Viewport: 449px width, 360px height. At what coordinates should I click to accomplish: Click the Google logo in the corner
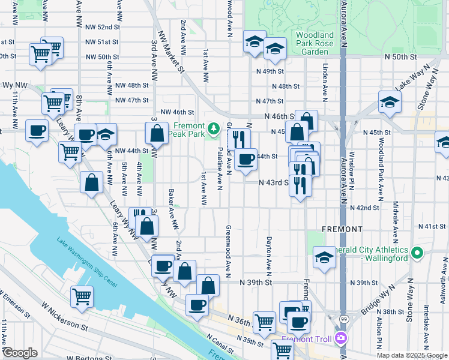click(20, 353)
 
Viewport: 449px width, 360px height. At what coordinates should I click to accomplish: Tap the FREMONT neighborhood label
click(342, 229)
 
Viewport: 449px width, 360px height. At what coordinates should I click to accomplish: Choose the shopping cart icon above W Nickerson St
click(82, 295)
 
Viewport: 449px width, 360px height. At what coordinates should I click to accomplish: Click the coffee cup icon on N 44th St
click(246, 160)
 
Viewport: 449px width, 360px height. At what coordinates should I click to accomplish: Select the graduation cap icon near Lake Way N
click(390, 102)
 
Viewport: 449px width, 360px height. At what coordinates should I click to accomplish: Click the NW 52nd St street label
click(103, 27)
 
